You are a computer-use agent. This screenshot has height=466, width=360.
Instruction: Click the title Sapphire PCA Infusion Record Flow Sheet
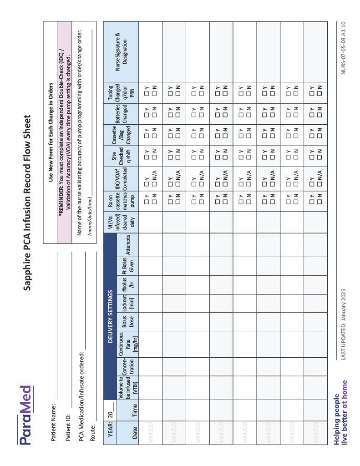[27, 202]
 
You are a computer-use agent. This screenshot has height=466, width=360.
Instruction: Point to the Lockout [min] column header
[128, 303]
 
